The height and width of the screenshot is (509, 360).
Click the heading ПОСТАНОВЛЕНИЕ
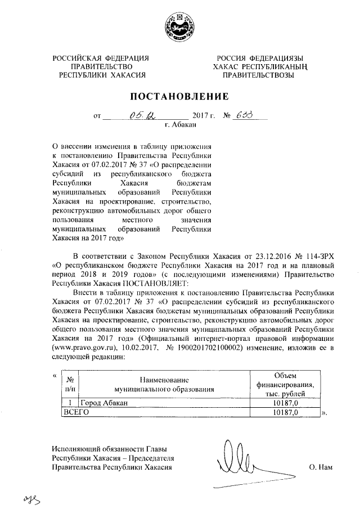coord(180,95)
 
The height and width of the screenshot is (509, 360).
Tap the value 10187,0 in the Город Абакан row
coord(285,403)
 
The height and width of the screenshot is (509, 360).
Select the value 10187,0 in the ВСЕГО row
coord(285,412)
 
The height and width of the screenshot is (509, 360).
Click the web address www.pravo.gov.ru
coord(85,349)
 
